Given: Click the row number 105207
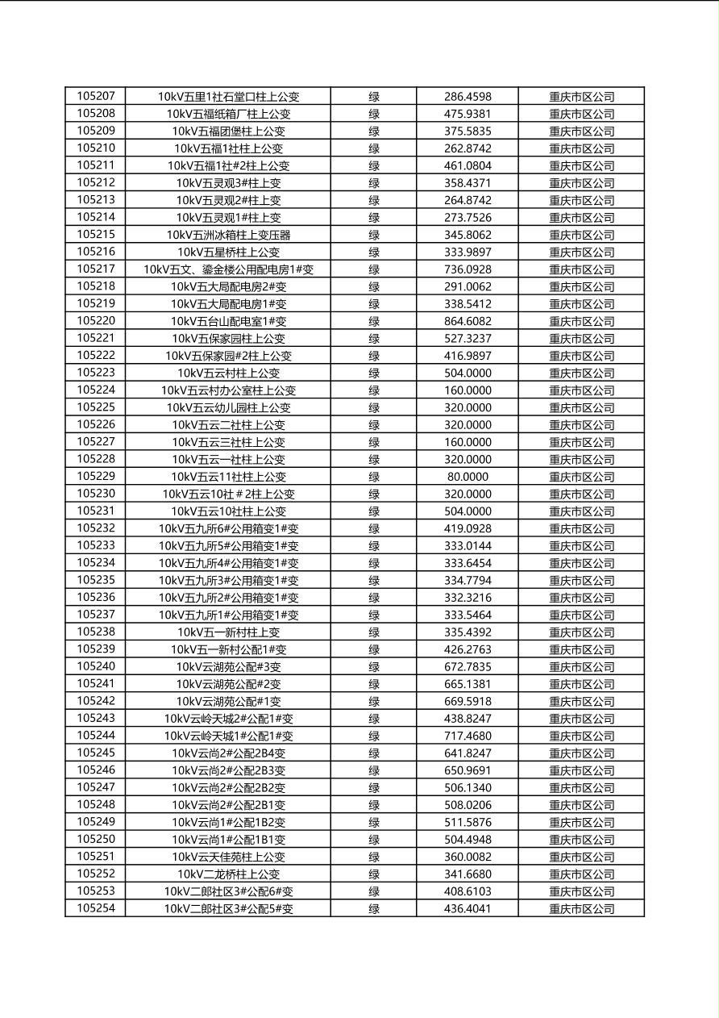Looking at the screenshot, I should pos(96,96).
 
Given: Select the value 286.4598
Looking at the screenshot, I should pos(468,97).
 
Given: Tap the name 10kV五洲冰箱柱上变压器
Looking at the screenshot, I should pos(228,235).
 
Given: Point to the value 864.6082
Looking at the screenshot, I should pos(468,321).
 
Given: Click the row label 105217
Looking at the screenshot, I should pos(96,269).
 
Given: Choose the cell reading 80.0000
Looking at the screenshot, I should pos(468,477).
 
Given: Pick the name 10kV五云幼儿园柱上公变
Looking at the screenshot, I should pos(228,407).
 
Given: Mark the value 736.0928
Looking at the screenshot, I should pos(468,269).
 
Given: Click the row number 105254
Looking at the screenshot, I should pos(96,908).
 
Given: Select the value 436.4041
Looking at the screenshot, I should pos(468,909).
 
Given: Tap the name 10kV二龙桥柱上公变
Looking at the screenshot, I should pos(228,874).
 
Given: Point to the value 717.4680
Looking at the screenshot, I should pos(468,736).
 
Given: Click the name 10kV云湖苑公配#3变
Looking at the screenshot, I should pos(228,667).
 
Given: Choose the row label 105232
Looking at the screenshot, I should pos(96,528).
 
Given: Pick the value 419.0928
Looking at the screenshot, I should pos(468,528).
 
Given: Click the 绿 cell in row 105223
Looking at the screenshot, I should pos(374,373).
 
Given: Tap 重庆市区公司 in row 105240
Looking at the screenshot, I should pos(581,667).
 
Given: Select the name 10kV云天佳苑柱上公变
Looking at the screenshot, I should pos(228,857).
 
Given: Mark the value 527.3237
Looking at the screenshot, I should pos(468,339).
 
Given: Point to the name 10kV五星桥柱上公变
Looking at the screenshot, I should pos(228,252).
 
